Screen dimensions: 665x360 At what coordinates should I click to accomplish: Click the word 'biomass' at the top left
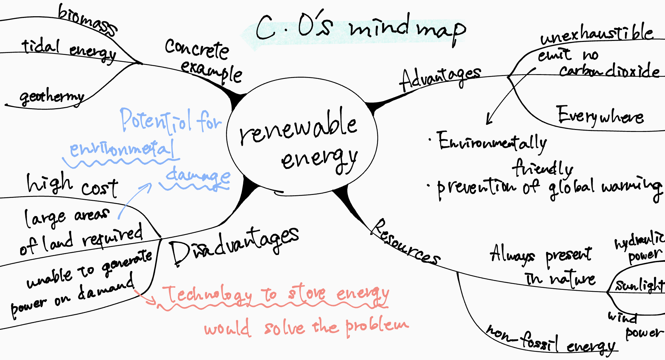87,20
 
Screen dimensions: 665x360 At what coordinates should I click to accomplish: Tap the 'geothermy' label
52,97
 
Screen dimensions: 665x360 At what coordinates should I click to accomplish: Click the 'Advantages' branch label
440,79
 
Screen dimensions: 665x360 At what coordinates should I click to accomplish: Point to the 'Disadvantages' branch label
234,245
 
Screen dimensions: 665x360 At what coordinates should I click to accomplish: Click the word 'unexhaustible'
597,34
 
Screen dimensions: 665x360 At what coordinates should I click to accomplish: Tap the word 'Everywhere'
600,116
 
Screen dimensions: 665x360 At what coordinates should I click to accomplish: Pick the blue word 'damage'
198,175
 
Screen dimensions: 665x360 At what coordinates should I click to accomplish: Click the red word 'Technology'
207,295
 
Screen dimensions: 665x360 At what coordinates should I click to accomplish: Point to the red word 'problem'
377,326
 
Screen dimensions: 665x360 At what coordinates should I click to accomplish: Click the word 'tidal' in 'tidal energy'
41,46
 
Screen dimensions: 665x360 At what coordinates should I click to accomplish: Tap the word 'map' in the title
442,31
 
